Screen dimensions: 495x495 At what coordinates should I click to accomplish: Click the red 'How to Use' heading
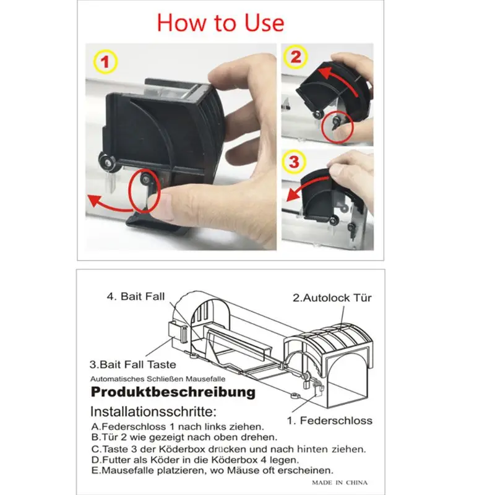click(x=220, y=23)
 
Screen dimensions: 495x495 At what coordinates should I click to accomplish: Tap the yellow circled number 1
click(x=105, y=62)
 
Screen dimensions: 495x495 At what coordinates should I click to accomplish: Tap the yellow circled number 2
click(x=296, y=57)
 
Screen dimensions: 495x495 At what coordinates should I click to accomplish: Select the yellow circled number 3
click(x=293, y=161)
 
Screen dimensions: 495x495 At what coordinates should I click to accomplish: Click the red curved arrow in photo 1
click(x=111, y=207)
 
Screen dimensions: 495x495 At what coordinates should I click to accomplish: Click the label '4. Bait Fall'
click(x=136, y=296)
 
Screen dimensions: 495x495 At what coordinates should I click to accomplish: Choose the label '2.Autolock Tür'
click(x=332, y=298)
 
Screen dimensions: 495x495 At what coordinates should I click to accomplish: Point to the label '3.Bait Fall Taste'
click(x=132, y=364)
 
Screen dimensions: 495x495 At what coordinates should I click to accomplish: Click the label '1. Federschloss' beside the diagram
click(x=330, y=421)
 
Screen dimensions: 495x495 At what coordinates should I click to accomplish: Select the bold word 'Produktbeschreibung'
click(x=173, y=392)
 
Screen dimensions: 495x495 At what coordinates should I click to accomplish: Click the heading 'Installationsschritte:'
click(x=153, y=411)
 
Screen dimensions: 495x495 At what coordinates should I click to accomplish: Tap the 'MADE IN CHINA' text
click(x=340, y=483)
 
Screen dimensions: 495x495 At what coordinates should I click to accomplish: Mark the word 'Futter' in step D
click(x=117, y=460)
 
